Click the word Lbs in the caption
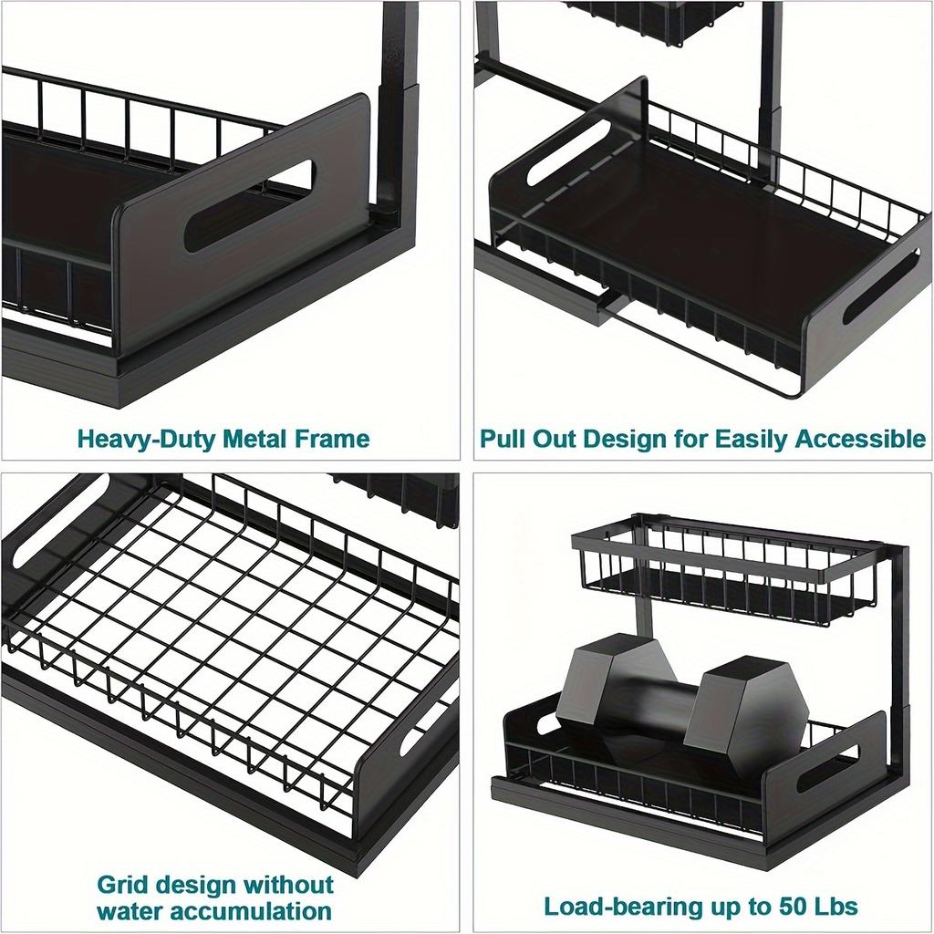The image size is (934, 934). (x=835, y=907)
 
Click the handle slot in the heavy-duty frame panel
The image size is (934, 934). (x=248, y=206)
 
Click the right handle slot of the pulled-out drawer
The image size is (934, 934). (x=880, y=287)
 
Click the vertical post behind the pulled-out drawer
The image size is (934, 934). (x=769, y=82)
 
